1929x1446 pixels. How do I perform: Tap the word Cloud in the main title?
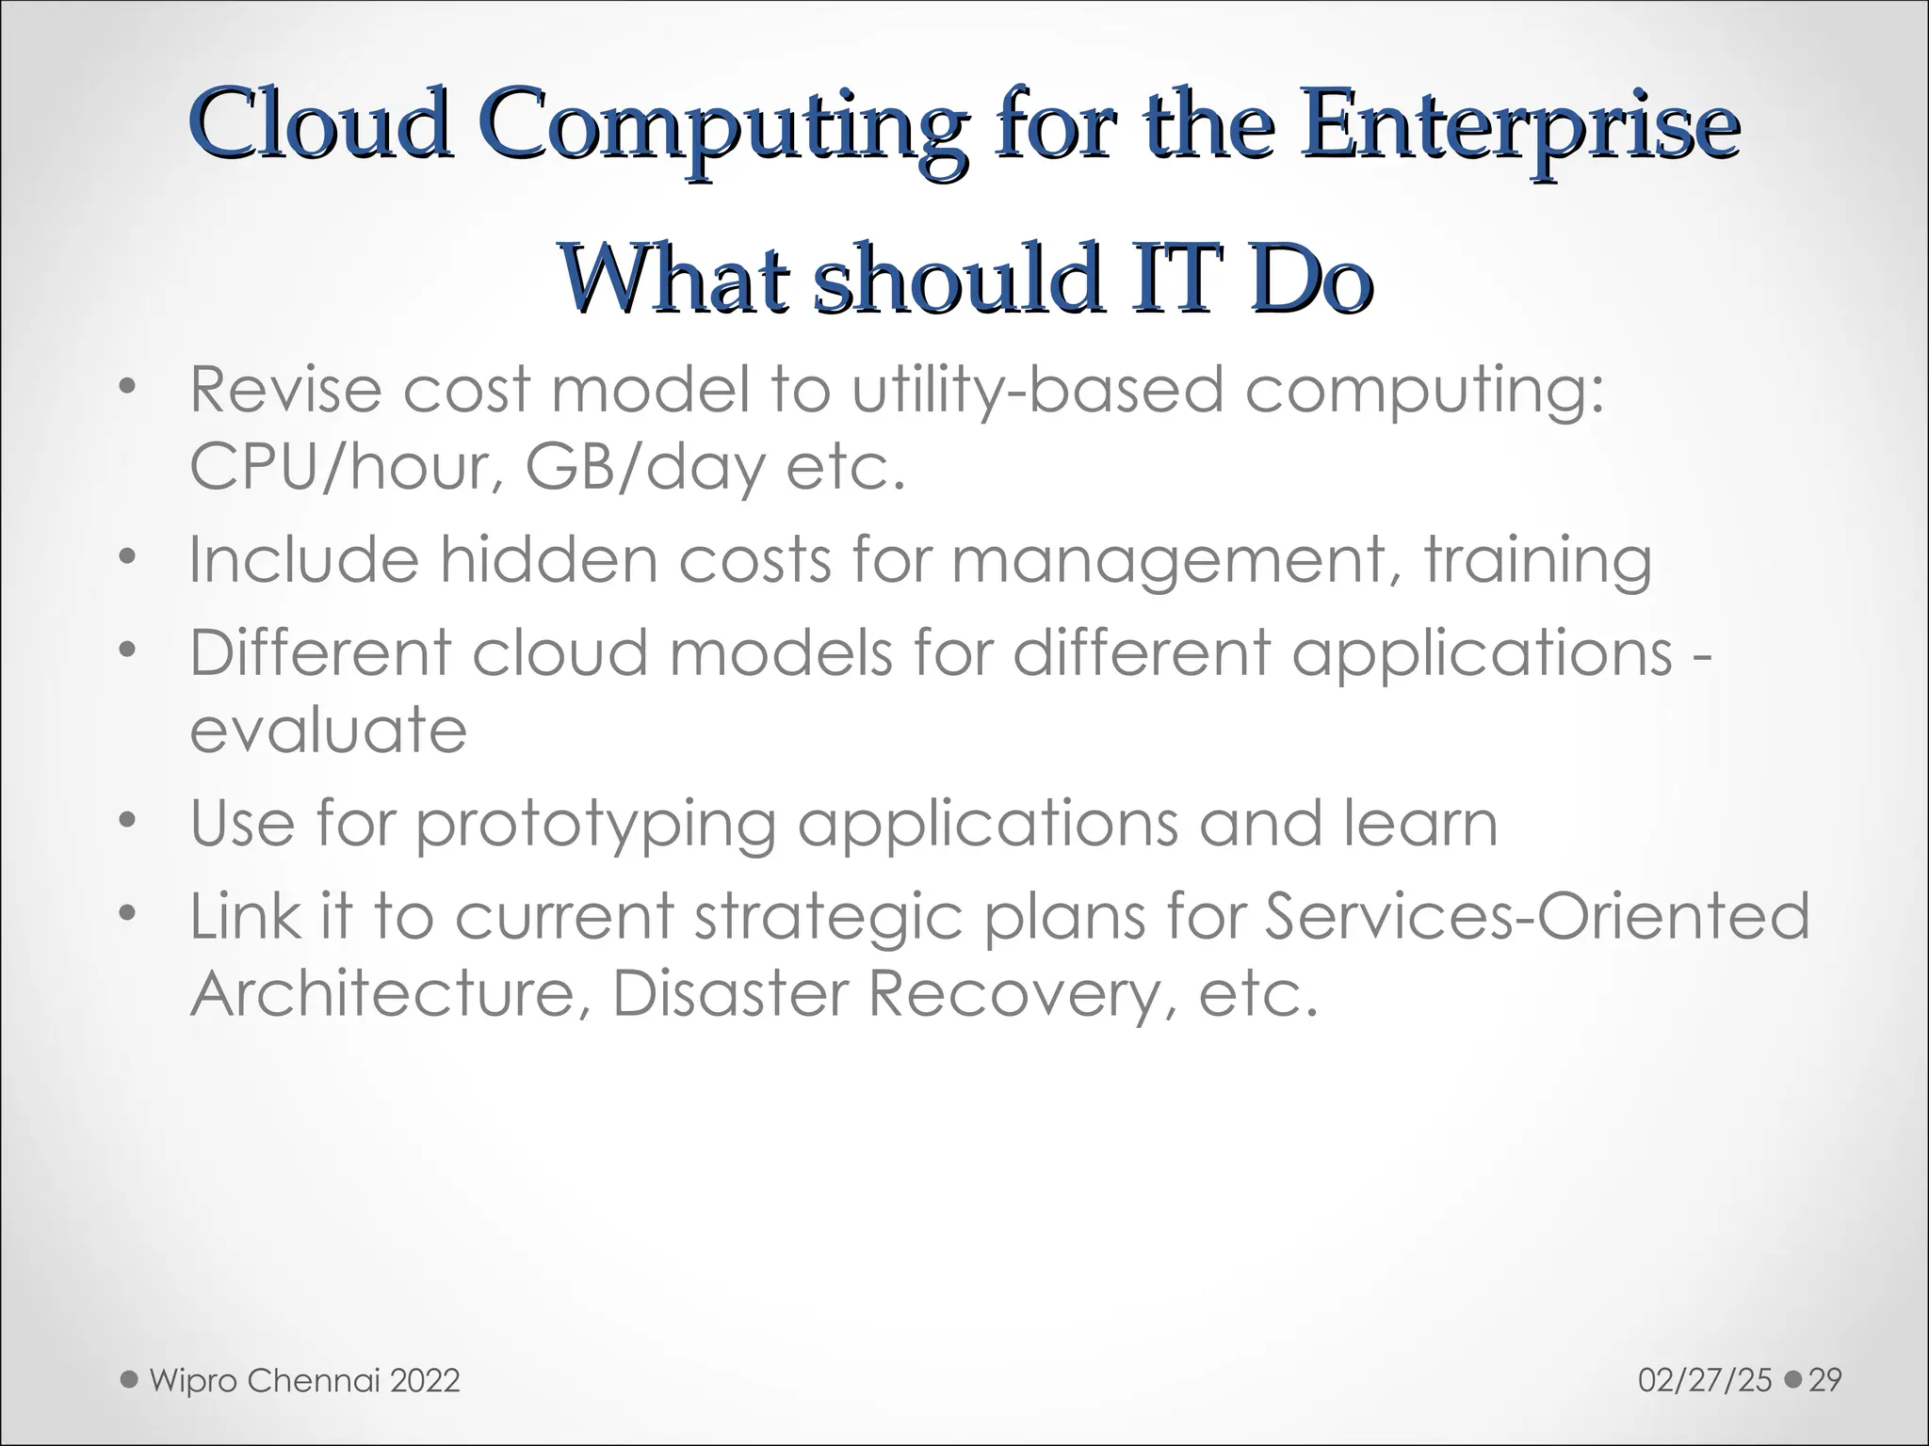(x=321, y=124)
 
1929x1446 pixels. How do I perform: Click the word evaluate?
(x=328, y=730)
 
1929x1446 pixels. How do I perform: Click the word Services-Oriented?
(x=1535, y=916)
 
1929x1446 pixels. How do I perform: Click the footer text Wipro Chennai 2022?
(x=304, y=1381)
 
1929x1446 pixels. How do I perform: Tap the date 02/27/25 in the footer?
(x=1705, y=1381)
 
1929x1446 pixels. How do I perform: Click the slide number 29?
(x=1825, y=1381)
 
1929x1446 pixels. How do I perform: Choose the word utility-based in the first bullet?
(x=1037, y=391)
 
